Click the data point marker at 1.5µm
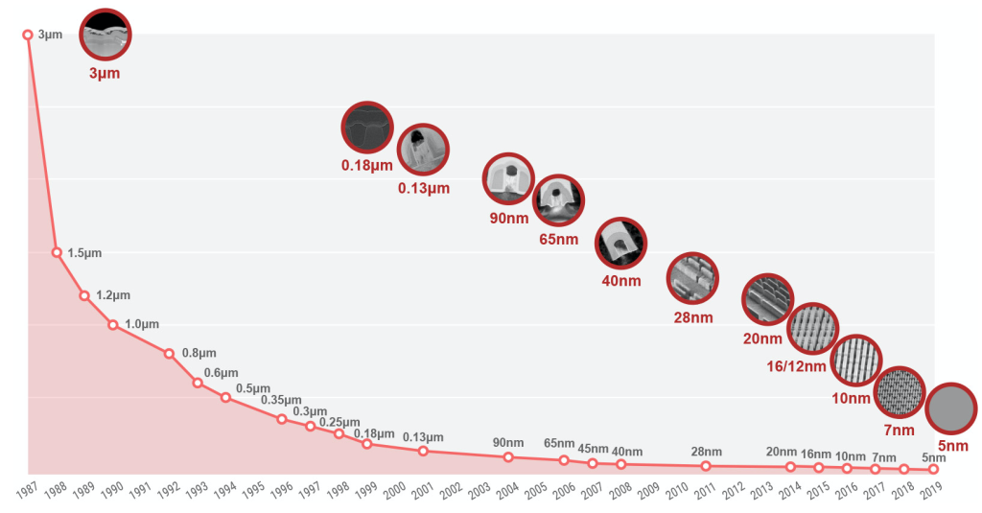point(57,252)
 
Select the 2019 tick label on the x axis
point(931,490)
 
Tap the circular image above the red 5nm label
point(951,408)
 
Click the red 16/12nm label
point(796,366)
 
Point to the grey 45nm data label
point(593,449)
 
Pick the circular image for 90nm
point(508,178)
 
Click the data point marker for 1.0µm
point(113,324)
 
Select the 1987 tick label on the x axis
point(27,490)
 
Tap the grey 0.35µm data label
point(281,400)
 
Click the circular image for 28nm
point(692,278)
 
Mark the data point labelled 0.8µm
point(169,354)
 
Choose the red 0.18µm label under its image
point(367,166)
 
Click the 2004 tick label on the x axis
point(507,490)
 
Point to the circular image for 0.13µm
point(423,150)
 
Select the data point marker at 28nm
point(706,466)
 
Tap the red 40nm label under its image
point(621,281)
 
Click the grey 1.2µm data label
point(113,295)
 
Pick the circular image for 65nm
point(559,200)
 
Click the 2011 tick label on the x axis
point(705,490)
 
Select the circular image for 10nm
point(856,361)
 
